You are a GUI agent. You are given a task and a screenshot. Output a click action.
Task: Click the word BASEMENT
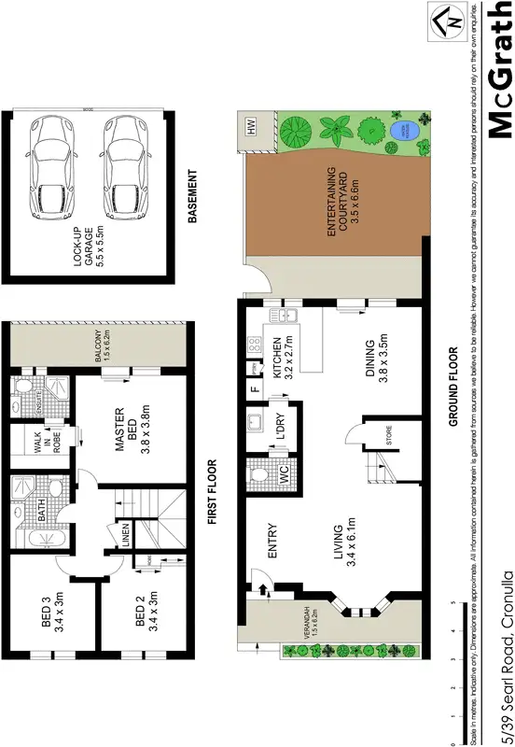(193, 196)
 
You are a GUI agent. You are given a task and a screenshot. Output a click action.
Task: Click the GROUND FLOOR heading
(452, 388)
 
